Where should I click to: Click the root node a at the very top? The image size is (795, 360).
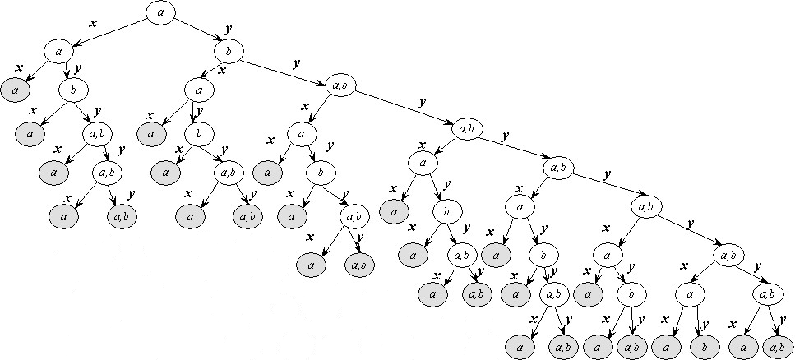click(161, 12)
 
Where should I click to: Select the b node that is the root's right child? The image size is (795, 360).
click(227, 52)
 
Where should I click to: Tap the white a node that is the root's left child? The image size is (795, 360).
click(59, 52)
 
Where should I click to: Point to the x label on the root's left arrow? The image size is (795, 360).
click(93, 23)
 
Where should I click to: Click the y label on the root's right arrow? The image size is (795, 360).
click(227, 28)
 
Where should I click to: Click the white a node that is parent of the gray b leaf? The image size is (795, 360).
click(691, 293)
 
